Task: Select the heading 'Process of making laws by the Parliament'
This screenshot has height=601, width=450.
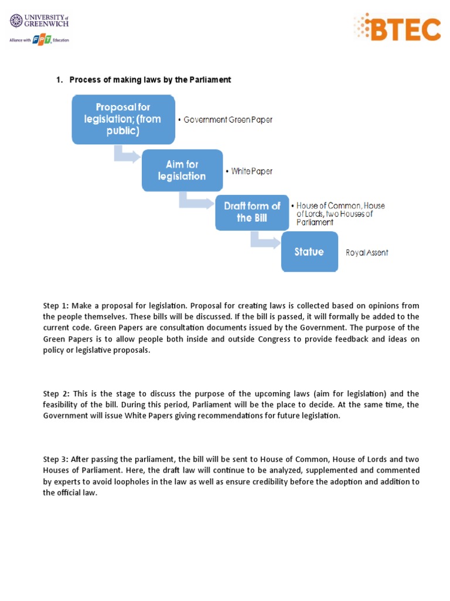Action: (150, 80)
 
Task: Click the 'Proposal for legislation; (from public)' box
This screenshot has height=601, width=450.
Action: (123, 119)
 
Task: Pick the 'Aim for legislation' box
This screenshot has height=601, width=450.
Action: (182, 170)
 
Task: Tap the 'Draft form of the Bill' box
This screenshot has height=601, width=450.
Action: (251, 212)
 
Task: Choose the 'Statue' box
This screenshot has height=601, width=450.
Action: (309, 252)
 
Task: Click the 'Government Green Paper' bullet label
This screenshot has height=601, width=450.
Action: (228, 120)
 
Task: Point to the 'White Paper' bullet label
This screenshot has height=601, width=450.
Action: (251, 171)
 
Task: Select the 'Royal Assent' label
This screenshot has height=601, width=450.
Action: (367, 253)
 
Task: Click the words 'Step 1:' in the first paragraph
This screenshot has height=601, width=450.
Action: (55, 306)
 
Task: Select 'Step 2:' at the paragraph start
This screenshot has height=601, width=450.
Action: (55, 394)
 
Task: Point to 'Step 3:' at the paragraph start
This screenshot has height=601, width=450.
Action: (55, 460)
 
